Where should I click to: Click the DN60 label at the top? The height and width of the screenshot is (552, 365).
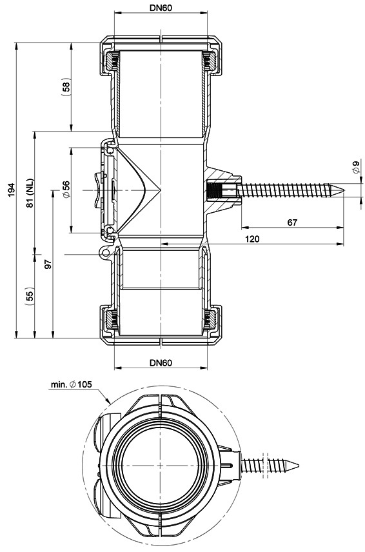click(161, 7)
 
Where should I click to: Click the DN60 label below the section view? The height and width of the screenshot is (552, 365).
click(161, 362)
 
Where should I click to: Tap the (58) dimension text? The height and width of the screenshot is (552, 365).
click(66, 86)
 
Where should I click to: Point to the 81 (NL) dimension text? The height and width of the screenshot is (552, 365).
click(30, 193)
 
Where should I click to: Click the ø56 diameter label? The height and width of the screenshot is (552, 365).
click(66, 190)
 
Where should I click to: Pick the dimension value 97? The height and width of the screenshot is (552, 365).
click(48, 264)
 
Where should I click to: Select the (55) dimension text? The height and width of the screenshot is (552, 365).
click(30, 296)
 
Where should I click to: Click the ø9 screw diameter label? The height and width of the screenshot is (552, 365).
click(356, 167)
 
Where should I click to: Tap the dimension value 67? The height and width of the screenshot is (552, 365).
click(291, 222)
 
